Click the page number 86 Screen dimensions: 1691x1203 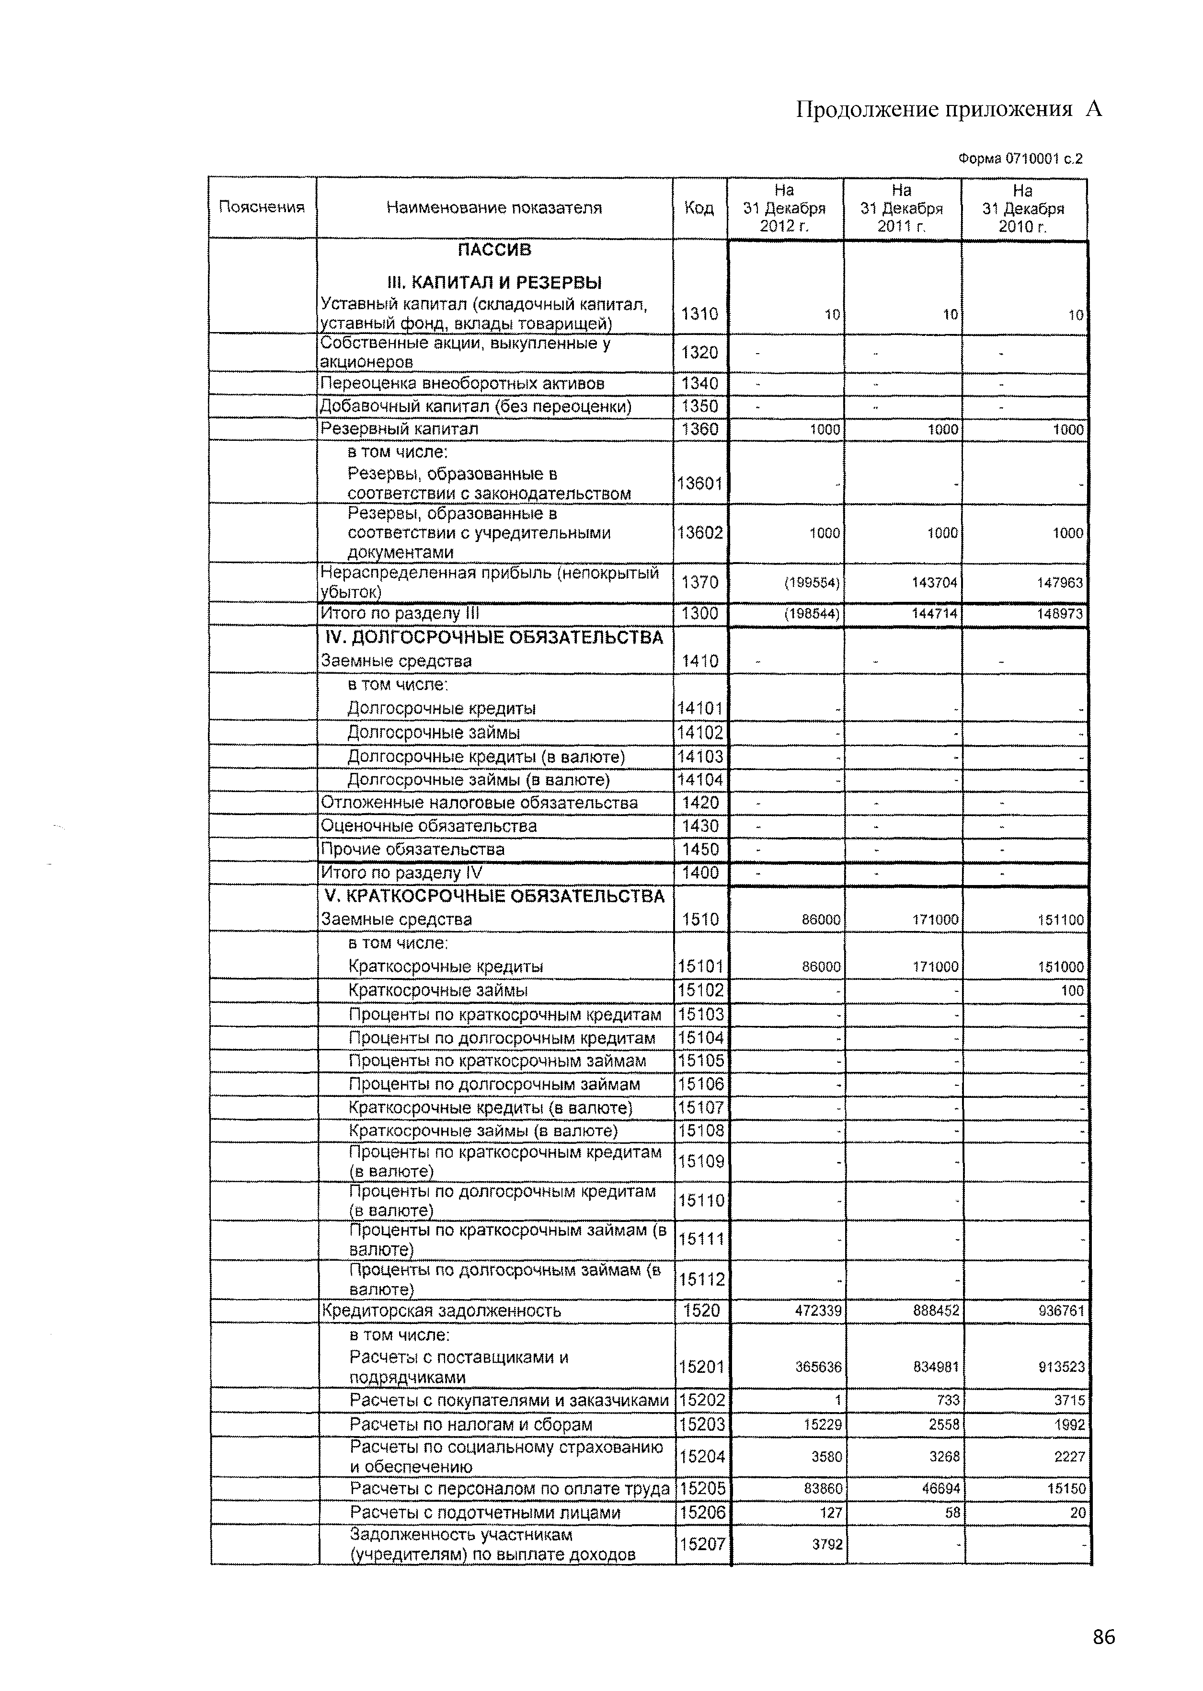tap(1102, 1636)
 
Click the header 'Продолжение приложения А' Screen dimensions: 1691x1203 tap(949, 110)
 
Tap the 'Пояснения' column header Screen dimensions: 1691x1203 tap(262, 207)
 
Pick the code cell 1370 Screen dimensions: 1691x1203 tap(699, 582)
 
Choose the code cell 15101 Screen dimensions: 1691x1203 tap(699, 966)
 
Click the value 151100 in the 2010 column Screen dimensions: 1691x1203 tap(1060, 920)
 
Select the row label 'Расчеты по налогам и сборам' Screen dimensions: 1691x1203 tap(470, 1425)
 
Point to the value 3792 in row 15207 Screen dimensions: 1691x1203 tap(827, 1544)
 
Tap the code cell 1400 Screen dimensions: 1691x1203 tap(700, 873)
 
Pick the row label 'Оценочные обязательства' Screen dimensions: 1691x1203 tap(429, 826)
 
